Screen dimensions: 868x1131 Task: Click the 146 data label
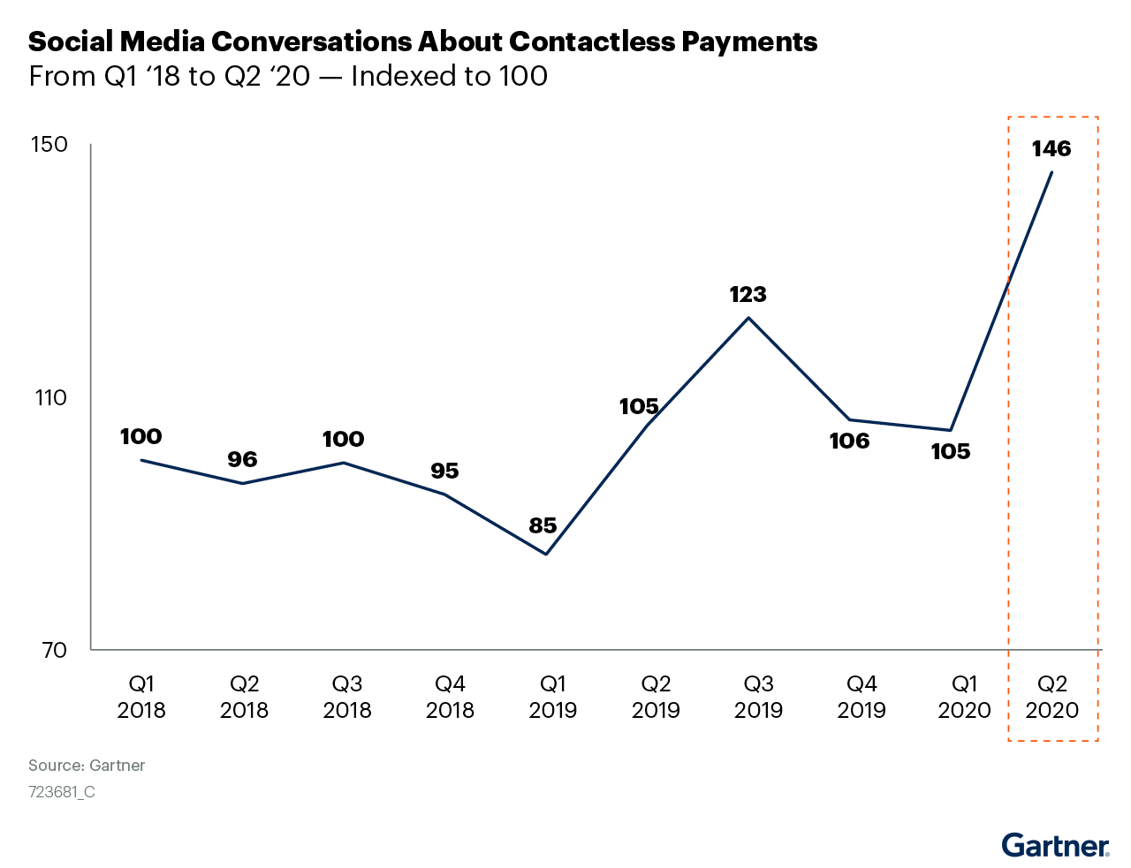(1051, 148)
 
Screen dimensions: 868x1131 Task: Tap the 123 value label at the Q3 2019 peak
(748, 294)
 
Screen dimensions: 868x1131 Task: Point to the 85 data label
(543, 525)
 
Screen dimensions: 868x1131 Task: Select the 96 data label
(242, 459)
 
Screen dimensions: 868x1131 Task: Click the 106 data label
(849, 441)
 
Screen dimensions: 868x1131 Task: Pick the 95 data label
(444, 471)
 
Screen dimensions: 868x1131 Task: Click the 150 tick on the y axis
(50, 144)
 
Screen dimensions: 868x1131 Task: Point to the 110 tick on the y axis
(50, 397)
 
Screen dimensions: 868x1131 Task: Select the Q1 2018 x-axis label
(141, 697)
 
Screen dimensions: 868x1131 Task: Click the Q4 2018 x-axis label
(450, 697)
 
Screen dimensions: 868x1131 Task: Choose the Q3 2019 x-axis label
(758, 697)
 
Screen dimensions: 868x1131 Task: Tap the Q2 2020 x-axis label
(1052, 697)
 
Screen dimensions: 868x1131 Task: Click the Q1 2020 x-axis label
(964, 697)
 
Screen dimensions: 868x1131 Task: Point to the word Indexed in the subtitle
(393, 77)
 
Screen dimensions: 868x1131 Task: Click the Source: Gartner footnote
(87, 766)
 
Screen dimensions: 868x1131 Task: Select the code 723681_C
(62, 792)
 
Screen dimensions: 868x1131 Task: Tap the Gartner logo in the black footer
(1056, 846)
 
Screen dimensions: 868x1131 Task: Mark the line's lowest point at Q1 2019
(546, 555)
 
